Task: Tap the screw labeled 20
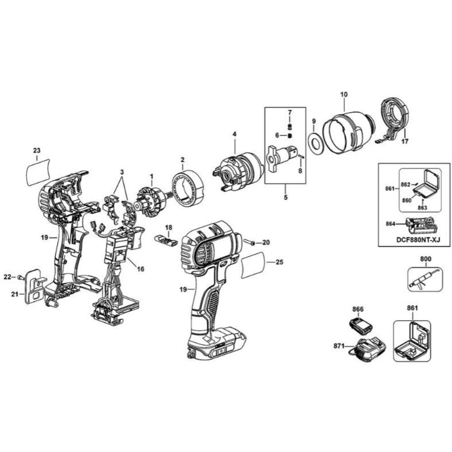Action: pyautogui.click(x=249, y=243)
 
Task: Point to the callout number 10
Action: pyautogui.click(x=344, y=94)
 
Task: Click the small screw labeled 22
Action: pyautogui.click(x=20, y=277)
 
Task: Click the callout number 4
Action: pyautogui.click(x=235, y=134)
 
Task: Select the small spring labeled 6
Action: pyautogui.click(x=290, y=135)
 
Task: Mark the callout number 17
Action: pyautogui.click(x=405, y=141)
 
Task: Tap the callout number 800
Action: pyautogui.click(x=426, y=259)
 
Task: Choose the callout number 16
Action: pyautogui.click(x=141, y=269)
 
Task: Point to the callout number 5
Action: pyautogui.click(x=285, y=197)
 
